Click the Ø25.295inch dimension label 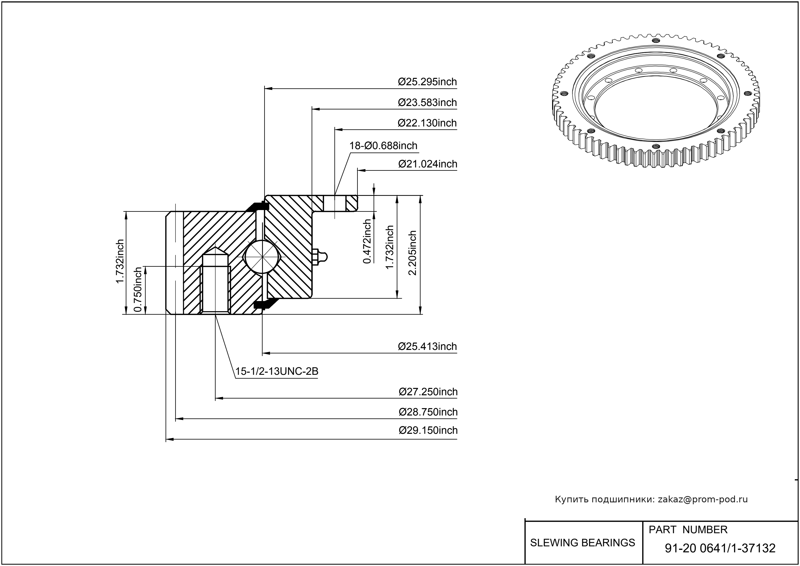click(x=427, y=82)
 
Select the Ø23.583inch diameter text click(x=427, y=103)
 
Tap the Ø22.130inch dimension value click(x=427, y=123)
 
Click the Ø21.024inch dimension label click(x=427, y=164)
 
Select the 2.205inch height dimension click(x=412, y=253)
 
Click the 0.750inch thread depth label click(x=138, y=290)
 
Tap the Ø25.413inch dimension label click(x=427, y=346)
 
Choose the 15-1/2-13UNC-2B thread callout click(x=277, y=372)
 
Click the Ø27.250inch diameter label click(x=428, y=392)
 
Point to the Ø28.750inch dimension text click(x=428, y=412)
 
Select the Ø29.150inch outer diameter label click(x=428, y=431)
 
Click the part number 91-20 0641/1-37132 click(x=720, y=548)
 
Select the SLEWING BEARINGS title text click(x=582, y=543)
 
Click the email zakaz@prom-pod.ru click(x=702, y=499)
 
